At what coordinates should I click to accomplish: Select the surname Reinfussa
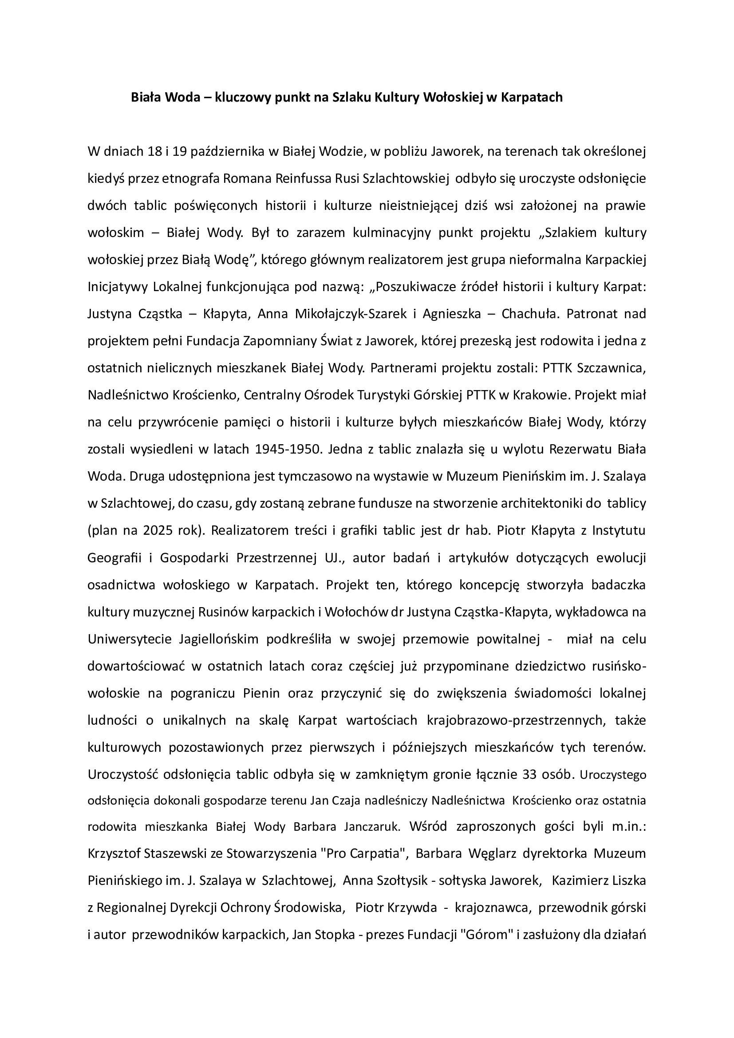(303, 178)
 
